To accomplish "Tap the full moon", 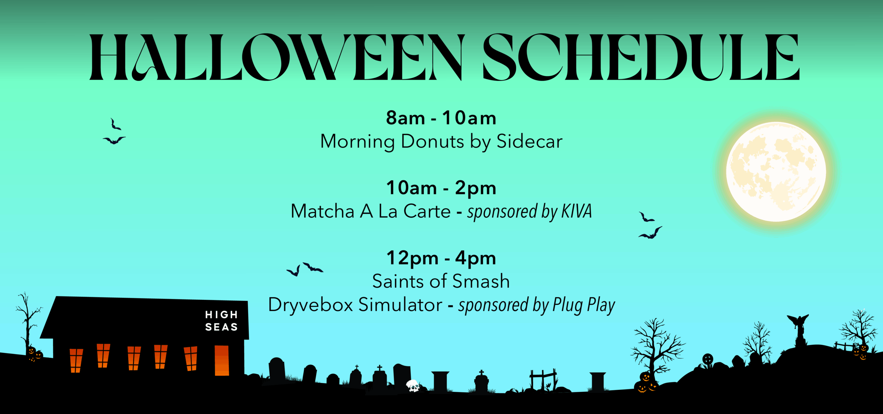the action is pyautogui.click(x=776, y=172).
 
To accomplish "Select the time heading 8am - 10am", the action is pyautogui.click(x=441, y=118).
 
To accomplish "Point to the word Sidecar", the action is pyautogui.click(x=529, y=141).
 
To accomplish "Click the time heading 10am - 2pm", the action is pyautogui.click(x=441, y=188).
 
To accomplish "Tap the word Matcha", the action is pyautogui.click(x=323, y=211).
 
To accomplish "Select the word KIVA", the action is pyautogui.click(x=577, y=211).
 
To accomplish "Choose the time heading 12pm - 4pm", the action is pyautogui.click(x=441, y=258).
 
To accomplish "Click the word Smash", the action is pyautogui.click(x=481, y=281).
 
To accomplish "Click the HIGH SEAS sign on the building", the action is pyautogui.click(x=221, y=321).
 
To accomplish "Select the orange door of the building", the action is pyautogui.click(x=222, y=360).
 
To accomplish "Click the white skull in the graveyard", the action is pyautogui.click(x=413, y=386).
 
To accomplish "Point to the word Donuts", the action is pyautogui.click(x=433, y=141).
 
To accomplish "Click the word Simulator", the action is pyautogui.click(x=400, y=305).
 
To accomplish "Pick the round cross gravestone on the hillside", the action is pyautogui.click(x=708, y=360).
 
